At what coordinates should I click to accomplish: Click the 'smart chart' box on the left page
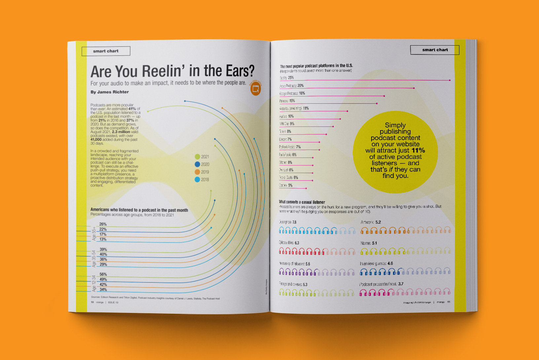106,51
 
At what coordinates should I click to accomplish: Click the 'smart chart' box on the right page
435,50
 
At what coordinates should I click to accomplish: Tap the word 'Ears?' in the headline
240,71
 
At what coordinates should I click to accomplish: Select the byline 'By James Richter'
110,92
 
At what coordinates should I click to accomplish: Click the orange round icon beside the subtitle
256,89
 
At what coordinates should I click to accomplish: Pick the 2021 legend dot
198,157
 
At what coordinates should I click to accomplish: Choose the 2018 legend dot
198,180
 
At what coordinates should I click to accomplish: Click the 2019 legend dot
198,172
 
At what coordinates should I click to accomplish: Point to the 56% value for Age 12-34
103,274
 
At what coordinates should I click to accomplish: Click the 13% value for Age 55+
103,239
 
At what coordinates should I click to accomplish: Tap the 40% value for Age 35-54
103,254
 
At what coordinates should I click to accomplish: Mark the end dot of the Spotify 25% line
450,80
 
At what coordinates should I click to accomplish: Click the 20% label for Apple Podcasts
301,86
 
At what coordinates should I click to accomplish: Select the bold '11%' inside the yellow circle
418,151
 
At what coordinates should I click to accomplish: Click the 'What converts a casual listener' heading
302,202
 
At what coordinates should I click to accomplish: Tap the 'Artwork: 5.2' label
371,222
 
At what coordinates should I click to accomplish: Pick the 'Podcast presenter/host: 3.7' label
381,284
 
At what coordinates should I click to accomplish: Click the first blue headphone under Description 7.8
282,230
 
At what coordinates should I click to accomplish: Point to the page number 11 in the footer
449,302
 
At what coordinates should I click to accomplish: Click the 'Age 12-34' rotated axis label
94,283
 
